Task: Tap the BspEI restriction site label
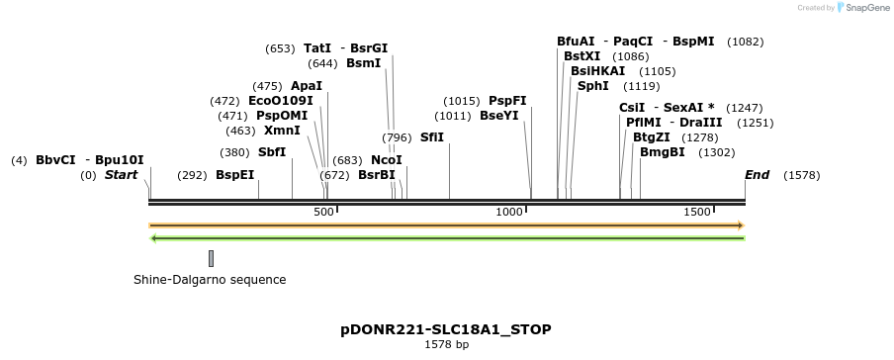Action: tap(234, 175)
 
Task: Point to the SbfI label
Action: tap(272, 152)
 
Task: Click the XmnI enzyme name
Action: tap(282, 131)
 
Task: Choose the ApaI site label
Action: tap(307, 86)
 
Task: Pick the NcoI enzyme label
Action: tap(387, 160)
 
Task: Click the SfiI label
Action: tap(432, 137)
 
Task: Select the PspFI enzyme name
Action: tap(507, 101)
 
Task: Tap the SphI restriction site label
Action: tap(593, 86)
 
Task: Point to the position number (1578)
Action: tap(801, 175)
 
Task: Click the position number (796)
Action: tap(398, 137)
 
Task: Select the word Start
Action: tap(122, 175)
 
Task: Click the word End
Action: tap(757, 175)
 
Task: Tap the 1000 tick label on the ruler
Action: tap(509, 213)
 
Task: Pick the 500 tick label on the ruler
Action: tap(324, 213)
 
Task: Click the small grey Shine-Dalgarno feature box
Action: tap(211, 258)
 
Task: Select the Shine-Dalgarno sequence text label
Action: tap(210, 280)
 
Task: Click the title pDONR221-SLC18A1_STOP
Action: tap(446, 329)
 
